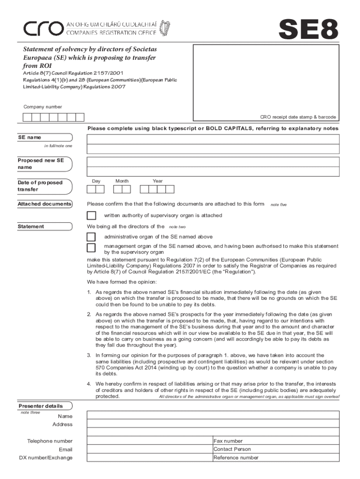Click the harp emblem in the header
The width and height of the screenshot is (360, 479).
164,28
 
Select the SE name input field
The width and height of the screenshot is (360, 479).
212,139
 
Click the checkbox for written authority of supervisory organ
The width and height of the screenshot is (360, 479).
92,216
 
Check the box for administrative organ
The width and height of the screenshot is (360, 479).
92,237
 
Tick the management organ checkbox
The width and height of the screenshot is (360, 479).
92,248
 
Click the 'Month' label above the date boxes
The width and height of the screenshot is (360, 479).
122,181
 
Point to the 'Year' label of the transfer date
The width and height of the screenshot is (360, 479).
158,181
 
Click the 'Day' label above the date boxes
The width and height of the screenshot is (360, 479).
96,181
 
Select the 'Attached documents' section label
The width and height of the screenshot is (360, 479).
44,204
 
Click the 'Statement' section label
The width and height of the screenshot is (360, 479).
31,226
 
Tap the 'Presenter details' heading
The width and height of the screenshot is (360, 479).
40,406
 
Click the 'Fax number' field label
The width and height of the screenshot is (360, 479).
228,441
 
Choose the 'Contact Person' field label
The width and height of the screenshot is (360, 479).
232,449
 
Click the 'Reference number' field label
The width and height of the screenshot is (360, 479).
236,457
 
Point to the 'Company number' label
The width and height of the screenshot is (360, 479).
43,107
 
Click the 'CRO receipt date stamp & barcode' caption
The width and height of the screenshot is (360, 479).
298,117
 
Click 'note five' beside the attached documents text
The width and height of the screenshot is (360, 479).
279,204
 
